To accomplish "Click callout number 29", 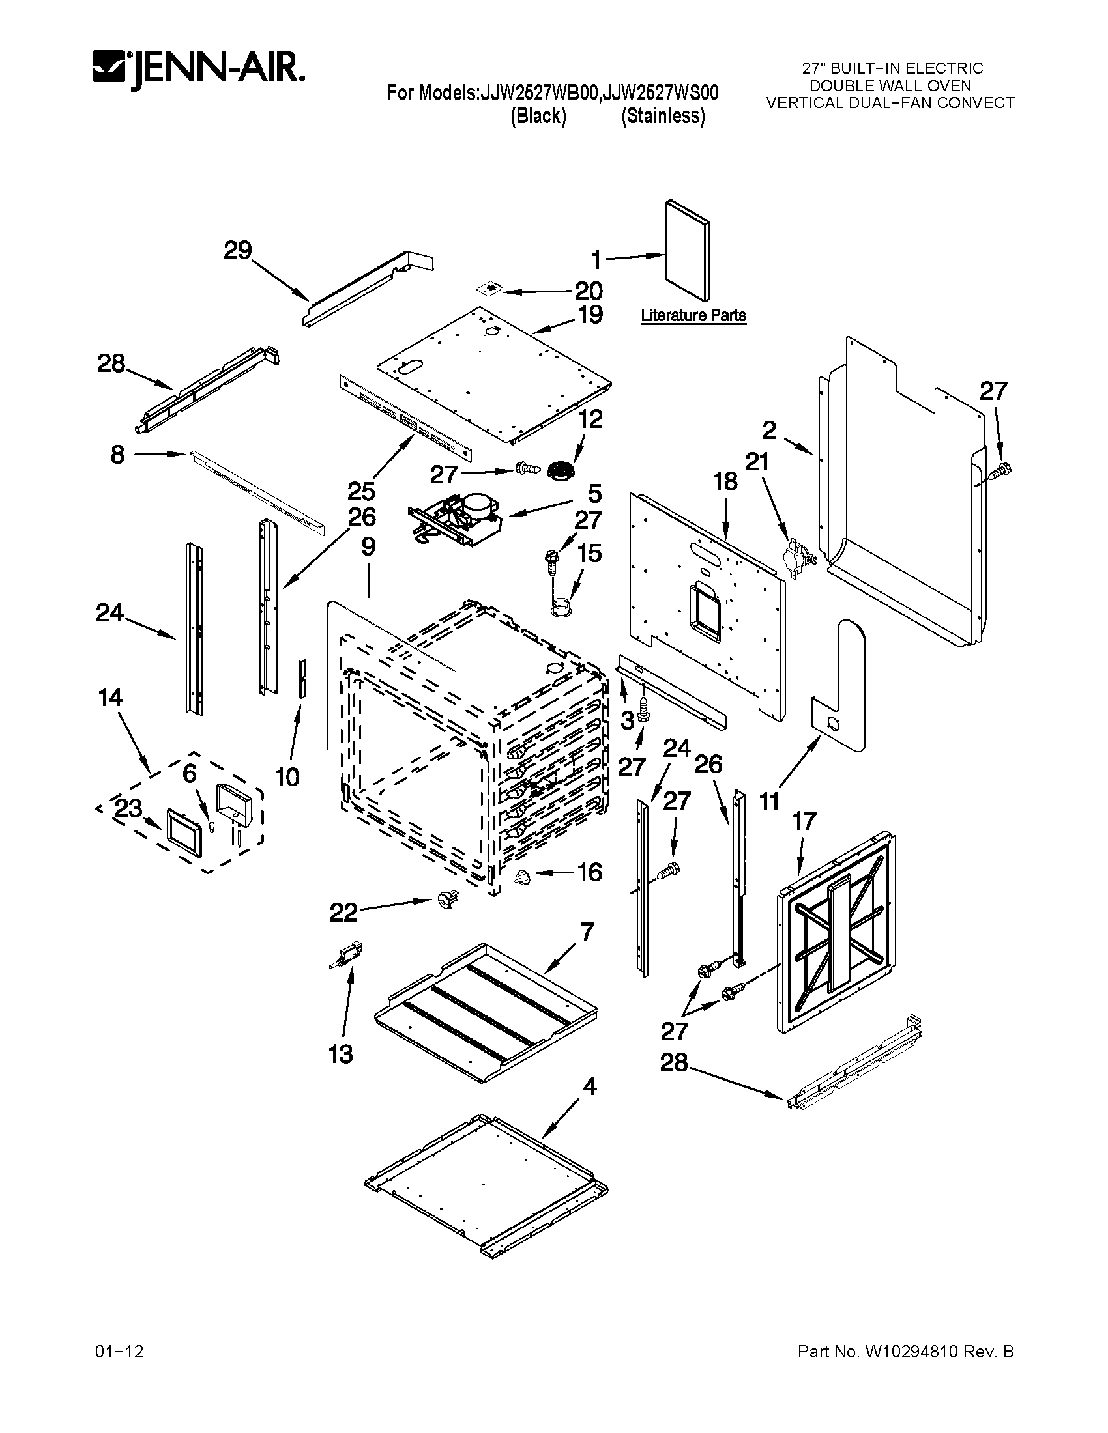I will click(238, 250).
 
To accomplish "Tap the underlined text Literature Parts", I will click(693, 316).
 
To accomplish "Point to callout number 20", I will click(588, 291).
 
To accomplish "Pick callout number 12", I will click(589, 419).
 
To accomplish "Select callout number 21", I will click(757, 462).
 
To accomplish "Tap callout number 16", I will click(589, 872).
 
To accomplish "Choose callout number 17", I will click(804, 820).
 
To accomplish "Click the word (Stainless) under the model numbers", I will click(663, 116).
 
